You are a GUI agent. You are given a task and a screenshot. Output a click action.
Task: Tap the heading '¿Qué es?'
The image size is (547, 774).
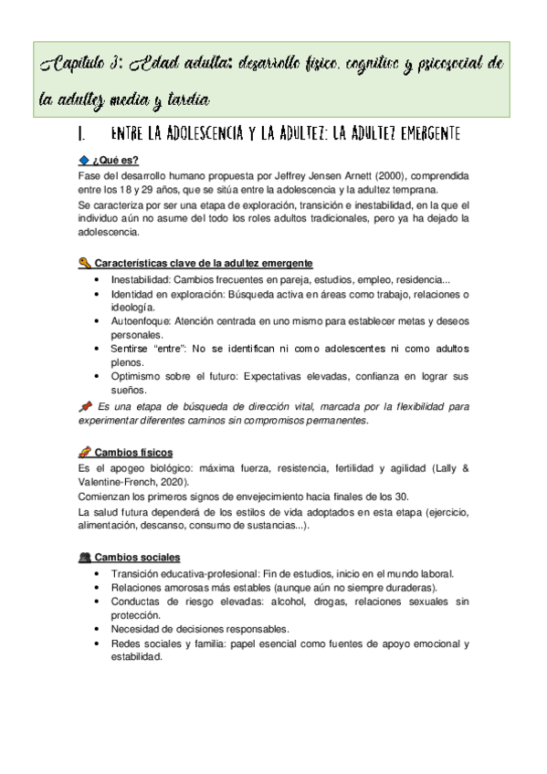(118, 160)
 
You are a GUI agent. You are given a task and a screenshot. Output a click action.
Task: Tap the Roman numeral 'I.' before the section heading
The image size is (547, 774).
(83, 134)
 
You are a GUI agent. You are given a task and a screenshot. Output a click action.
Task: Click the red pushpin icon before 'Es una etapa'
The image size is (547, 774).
(85, 406)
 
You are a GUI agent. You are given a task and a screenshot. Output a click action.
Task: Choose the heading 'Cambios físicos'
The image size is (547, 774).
(133, 453)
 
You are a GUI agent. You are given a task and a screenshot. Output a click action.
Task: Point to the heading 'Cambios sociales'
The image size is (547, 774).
(138, 557)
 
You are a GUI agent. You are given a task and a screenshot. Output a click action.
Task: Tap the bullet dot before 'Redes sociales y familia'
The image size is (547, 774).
(99, 643)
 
